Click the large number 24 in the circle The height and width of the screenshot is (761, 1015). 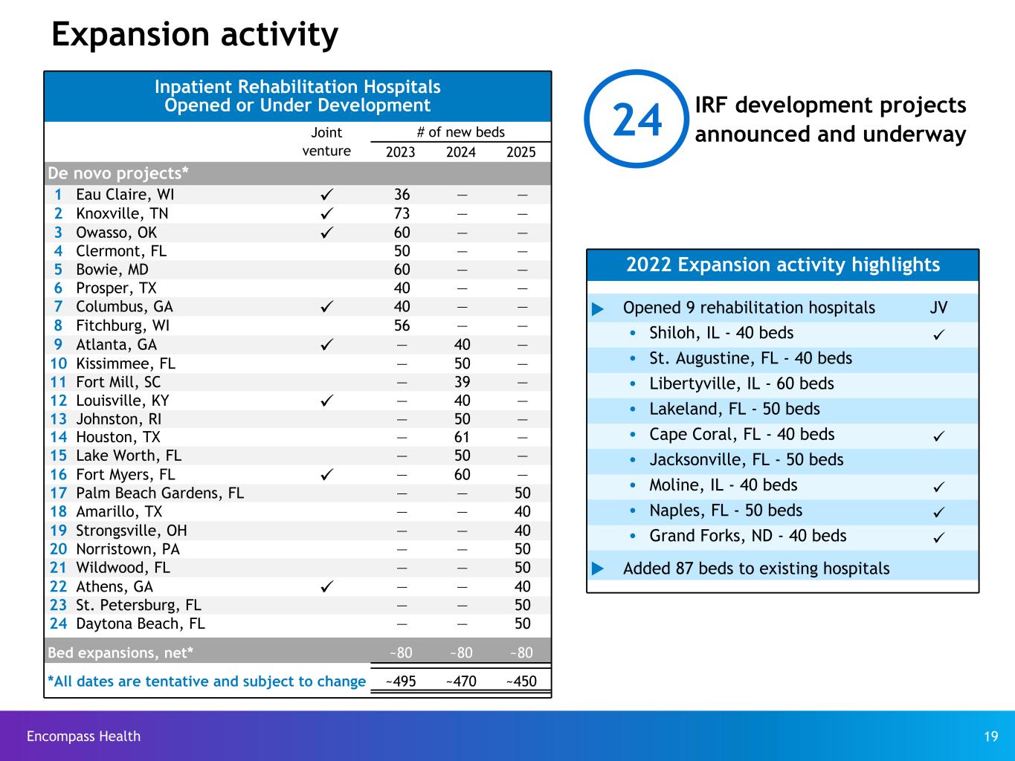point(637,120)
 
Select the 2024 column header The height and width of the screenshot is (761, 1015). point(460,152)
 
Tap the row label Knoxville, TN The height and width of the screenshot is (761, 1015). point(122,214)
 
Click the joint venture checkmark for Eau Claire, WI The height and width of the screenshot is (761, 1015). point(327,195)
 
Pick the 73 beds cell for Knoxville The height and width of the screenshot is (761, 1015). point(402,214)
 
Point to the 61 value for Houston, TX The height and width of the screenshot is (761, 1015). point(461,438)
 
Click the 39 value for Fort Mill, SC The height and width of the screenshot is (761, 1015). point(461,382)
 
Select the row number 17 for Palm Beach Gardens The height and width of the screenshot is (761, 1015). point(58,493)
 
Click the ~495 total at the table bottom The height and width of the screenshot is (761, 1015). point(400,681)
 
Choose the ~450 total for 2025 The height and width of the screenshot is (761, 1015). point(521,681)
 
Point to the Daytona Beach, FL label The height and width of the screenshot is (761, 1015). point(140,624)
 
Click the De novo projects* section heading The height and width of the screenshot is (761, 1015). point(118,173)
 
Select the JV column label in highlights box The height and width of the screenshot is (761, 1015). point(938,308)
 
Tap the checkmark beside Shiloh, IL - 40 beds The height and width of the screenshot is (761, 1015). point(939,334)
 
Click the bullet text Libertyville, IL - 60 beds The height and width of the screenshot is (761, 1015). point(741,384)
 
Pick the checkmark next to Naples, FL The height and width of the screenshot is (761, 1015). point(939,512)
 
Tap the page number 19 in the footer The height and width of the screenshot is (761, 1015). point(990,736)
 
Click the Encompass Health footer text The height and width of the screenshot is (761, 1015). point(83,736)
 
